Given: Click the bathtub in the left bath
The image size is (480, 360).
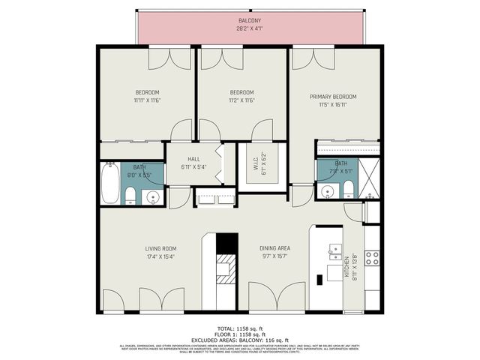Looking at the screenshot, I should [109, 184].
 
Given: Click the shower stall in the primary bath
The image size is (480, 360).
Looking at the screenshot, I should [367, 179].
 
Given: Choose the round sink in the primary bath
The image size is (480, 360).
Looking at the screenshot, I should [328, 191].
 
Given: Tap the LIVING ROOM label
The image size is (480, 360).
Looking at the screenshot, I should [160, 248].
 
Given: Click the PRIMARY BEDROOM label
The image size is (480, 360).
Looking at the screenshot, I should [333, 97].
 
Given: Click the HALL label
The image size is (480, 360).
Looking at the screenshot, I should [193, 159].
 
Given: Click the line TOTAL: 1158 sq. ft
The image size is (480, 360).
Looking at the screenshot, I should [240, 328].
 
